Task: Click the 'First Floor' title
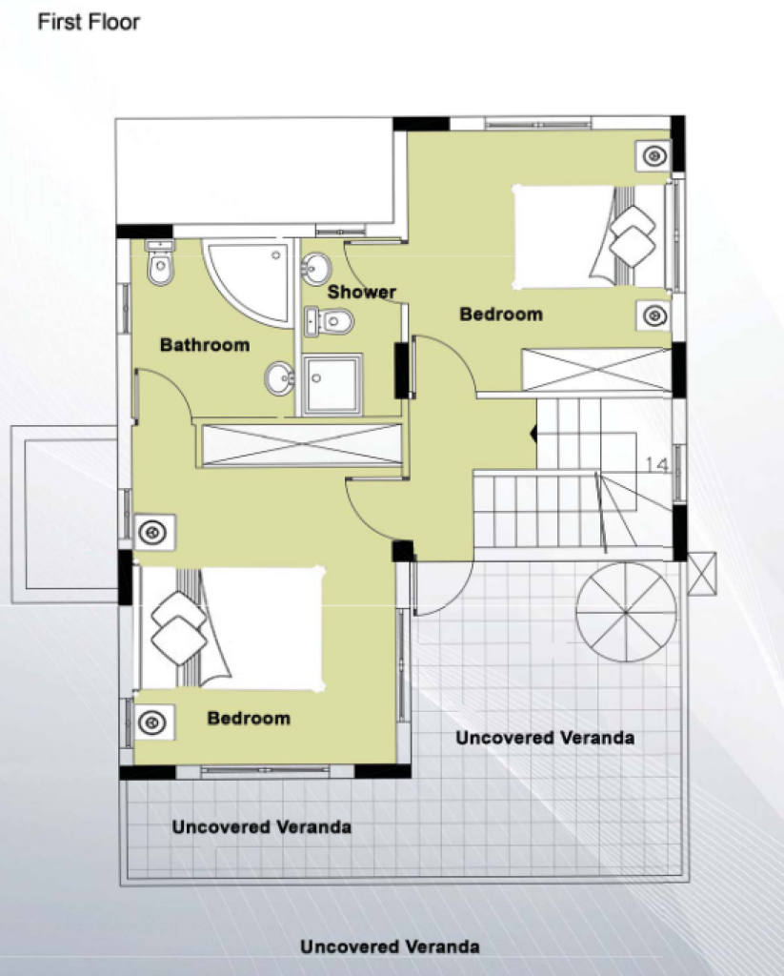tap(89, 22)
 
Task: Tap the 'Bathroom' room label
tap(205, 345)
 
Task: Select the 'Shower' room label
tap(361, 292)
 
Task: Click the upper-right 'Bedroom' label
tap(501, 314)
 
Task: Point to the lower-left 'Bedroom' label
tap(249, 718)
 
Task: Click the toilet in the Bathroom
tap(160, 263)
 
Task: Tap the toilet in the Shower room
tap(330, 321)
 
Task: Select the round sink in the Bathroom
tap(280, 378)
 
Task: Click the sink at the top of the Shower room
tap(316, 268)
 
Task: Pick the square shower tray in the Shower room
tap(332, 385)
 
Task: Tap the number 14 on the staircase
tap(655, 464)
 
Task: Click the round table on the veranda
tap(626, 612)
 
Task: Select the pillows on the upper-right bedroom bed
tap(632, 236)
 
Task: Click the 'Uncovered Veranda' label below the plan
tap(390, 946)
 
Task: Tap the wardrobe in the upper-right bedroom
tap(596, 370)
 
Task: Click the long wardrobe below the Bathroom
tap(300, 444)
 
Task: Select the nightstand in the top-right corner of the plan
tap(653, 155)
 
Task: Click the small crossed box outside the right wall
tap(702, 573)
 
